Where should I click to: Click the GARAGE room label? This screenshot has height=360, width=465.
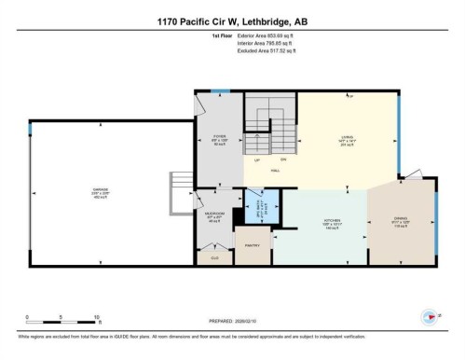100,190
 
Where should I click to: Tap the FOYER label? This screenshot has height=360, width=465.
220,136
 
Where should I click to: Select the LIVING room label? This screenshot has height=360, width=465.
346,136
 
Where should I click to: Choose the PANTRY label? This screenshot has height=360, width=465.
251,244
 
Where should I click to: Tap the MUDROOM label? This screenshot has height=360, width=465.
214,214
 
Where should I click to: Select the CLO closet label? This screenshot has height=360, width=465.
214,256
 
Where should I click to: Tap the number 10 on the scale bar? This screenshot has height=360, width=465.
96,318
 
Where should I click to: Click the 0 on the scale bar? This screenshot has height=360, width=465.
27,318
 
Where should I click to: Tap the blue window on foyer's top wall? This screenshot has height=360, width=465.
219,91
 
